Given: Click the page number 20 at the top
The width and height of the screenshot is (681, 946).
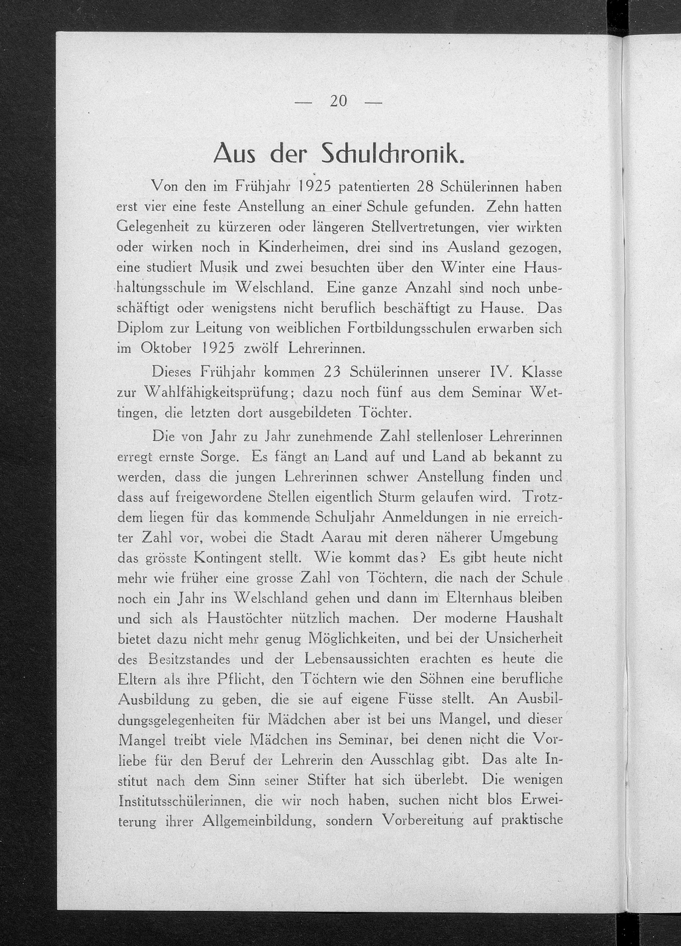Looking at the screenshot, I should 338,101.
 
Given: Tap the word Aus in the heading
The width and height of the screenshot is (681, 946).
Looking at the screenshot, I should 237,155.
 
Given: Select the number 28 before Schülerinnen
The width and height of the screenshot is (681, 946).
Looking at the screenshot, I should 426,186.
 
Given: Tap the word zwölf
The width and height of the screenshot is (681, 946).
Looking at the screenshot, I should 260,348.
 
